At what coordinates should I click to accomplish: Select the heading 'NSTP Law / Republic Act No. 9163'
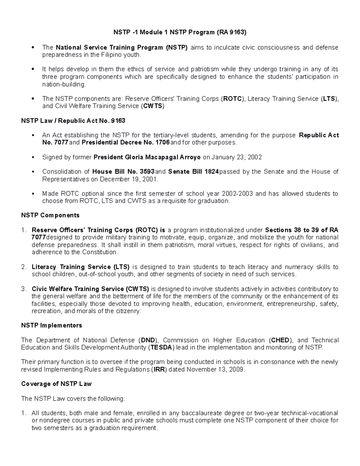(73, 121)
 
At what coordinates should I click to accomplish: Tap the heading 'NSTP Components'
(50, 215)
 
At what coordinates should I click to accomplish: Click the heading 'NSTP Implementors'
(52, 325)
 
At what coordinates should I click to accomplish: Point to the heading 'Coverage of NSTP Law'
(56, 384)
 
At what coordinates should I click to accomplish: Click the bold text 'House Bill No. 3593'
(123, 172)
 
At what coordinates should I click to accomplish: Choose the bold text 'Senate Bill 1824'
(193, 172)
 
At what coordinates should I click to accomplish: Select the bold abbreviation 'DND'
(148, 340)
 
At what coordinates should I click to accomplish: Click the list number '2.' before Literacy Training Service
(24, 267)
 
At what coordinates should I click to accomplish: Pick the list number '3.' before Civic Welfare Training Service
(24, 289)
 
